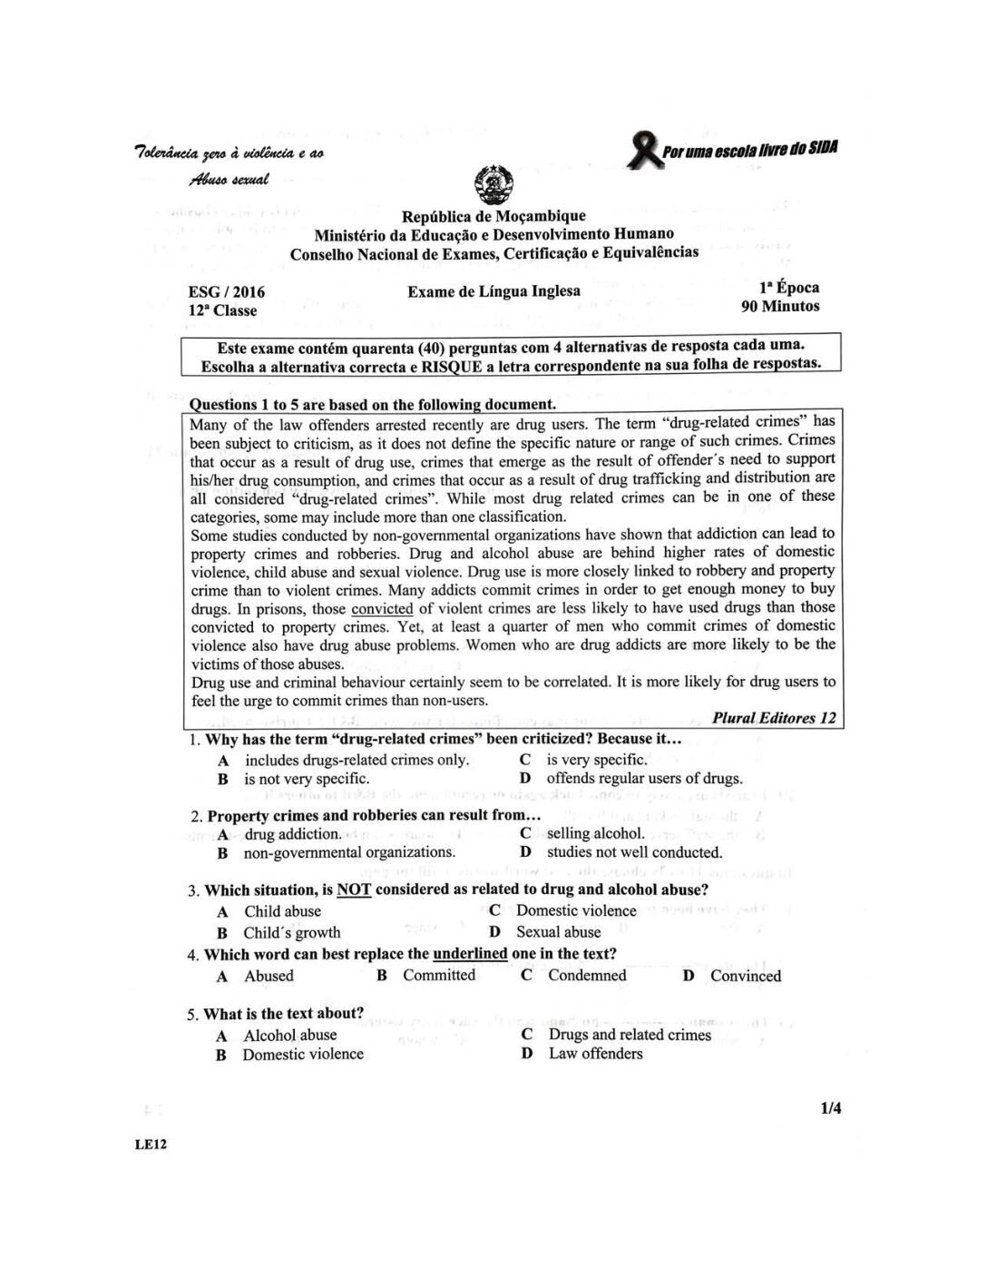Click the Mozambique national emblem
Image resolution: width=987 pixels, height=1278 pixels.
[494, 185]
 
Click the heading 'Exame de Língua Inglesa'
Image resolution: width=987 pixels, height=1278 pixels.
[493, 291]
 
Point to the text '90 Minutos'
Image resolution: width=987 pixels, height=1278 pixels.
[780, 306]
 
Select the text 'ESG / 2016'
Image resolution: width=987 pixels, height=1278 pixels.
[226, 291]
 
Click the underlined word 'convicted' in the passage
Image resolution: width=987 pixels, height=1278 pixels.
[382, 608]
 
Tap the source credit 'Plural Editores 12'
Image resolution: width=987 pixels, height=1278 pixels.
[774, 718]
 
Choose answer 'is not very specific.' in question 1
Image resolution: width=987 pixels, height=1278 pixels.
[306, 779]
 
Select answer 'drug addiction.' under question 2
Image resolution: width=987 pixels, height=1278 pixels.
[293, 833]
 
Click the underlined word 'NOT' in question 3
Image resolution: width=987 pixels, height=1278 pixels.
[354, 890]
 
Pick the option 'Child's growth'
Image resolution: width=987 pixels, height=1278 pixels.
[291, 932]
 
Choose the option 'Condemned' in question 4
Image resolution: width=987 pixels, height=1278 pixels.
[587, 976]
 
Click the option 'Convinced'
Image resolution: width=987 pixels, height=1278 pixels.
[745, 976]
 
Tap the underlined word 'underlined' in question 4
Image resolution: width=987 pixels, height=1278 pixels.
[470, 954]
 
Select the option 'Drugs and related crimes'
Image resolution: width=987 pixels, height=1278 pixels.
[630, 1035]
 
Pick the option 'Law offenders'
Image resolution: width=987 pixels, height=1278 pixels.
[595, 1054]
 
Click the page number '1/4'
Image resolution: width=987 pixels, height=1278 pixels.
[830, 1107]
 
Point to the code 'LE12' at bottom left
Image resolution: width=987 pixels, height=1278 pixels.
[151, 1145]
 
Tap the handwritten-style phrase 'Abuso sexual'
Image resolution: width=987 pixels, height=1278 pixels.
[229, 180]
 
